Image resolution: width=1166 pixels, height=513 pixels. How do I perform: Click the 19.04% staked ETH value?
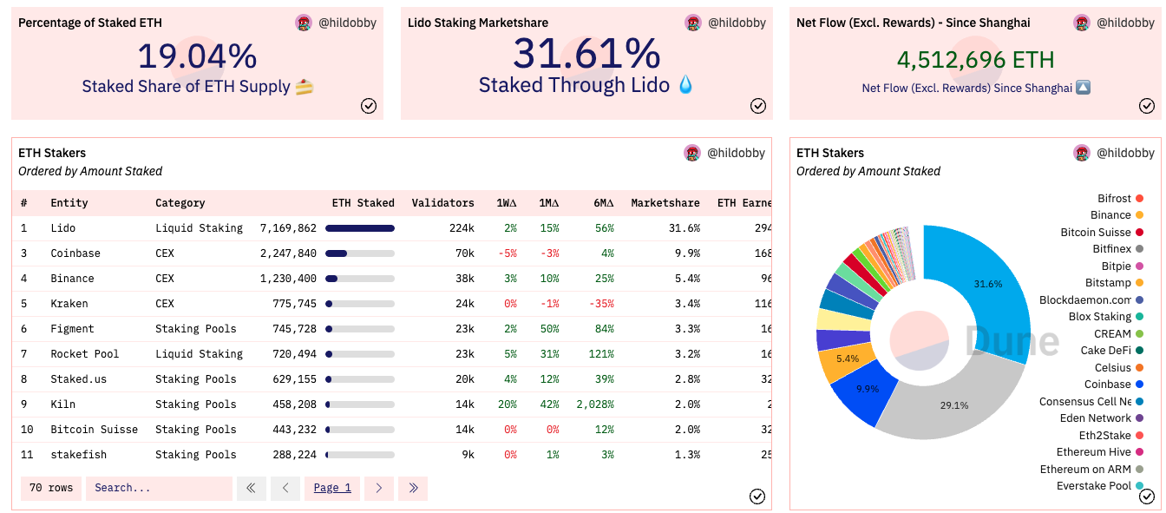pos(197,56)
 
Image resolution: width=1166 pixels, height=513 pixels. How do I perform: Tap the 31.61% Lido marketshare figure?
pos(586,54)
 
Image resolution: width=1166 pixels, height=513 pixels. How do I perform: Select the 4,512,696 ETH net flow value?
pos(975,60)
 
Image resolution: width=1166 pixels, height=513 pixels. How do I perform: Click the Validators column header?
pos(442,203)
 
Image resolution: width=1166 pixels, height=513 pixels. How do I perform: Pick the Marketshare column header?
pos(665,203)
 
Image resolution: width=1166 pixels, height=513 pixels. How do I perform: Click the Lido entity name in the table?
pos(63,228)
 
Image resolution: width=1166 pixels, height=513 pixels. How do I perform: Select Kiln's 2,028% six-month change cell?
pos(594,404)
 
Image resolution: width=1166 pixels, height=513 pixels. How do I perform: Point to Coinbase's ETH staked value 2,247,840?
pos(288,253)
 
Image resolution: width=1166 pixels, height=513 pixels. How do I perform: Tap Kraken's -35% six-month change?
pos(600,304)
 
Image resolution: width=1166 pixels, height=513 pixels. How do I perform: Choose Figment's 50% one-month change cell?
pos(548,329)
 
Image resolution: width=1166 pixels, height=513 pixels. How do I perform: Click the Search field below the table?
pos(159,488)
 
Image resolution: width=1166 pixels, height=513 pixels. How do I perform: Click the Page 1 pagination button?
pos(332,488)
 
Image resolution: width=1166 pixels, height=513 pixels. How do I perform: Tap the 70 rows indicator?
pos(51,488)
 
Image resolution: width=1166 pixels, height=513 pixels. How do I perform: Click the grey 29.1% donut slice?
pos(954,404)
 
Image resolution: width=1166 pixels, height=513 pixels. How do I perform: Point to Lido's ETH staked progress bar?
pos(359,228)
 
